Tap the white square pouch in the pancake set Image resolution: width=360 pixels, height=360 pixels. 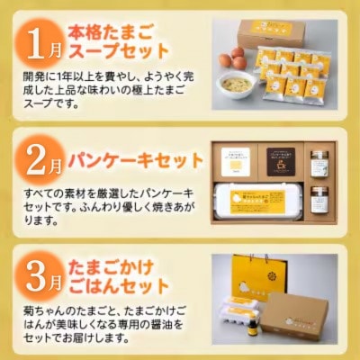[x=237, y=162]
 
